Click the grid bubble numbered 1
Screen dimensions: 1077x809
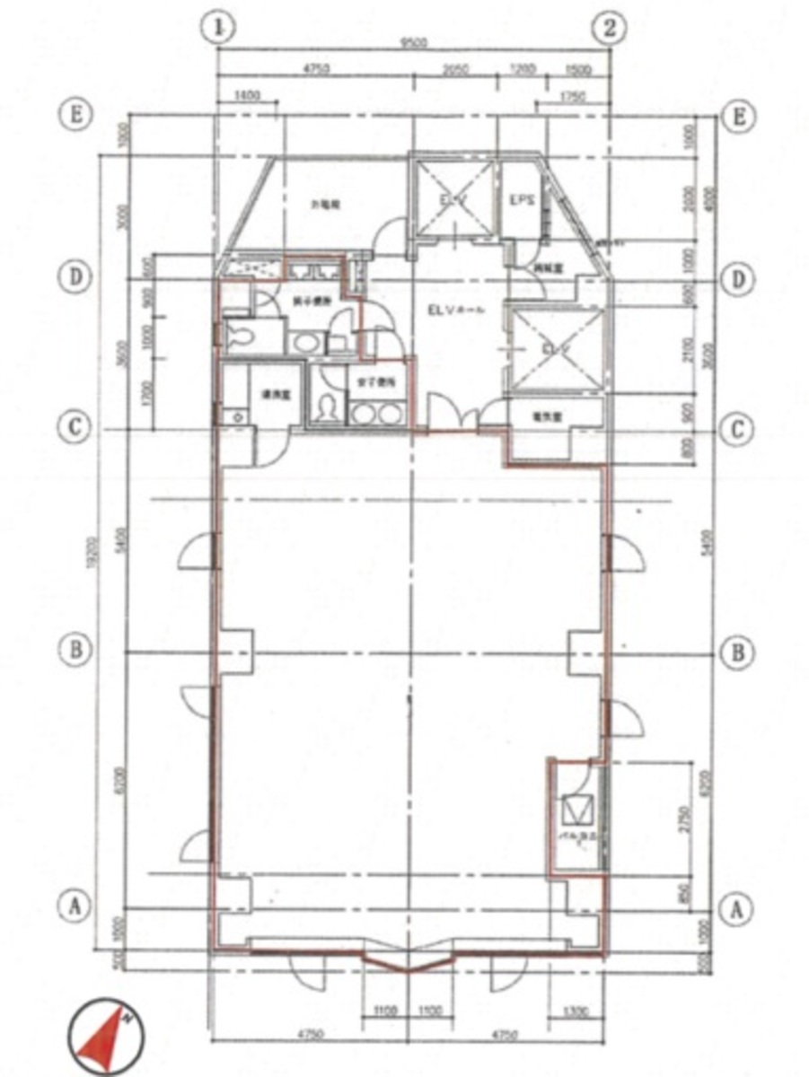coord(216,27)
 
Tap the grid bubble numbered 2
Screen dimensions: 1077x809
coord(611,27)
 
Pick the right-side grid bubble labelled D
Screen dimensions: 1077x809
coord(737,279)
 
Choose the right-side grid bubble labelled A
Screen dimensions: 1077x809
coord(737,908)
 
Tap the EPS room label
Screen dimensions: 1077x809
coord(521,200)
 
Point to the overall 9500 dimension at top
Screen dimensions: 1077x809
coord(413,42)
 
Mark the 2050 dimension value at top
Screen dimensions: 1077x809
coord(457,67)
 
